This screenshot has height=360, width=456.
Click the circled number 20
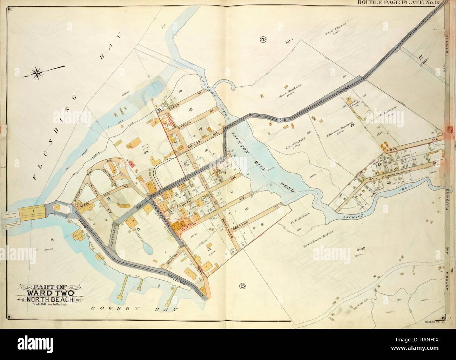[262, 40]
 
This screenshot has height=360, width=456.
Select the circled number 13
[243, 285]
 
